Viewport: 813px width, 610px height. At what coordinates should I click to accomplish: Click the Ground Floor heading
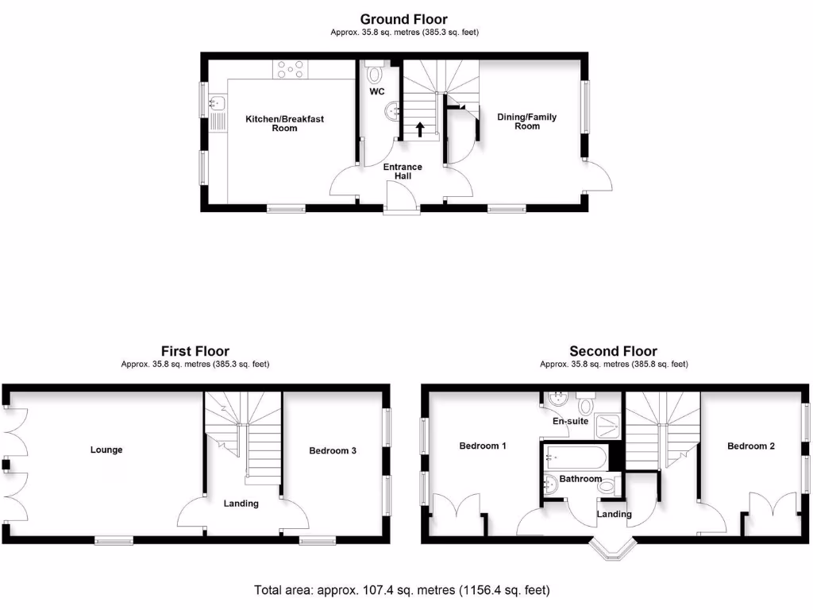click(x=403, y=19)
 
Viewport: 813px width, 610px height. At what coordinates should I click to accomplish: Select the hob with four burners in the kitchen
click(x=291, y=70)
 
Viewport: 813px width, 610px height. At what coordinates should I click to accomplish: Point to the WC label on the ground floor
click(x=377, y=91)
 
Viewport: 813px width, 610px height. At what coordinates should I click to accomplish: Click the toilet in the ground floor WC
click(x=376, y=74)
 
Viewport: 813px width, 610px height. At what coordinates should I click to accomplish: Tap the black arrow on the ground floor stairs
click(x=420, y=129)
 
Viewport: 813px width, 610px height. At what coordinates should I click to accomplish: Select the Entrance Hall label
click(x=403, y=171)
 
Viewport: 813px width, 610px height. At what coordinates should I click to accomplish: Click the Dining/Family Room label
click(x=527, y=122)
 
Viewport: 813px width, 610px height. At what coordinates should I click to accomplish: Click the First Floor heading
click(x=195, y=351)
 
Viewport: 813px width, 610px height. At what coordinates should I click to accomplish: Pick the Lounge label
click(x=106, y=450)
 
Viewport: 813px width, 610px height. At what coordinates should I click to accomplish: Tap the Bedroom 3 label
click(x=333, y=450)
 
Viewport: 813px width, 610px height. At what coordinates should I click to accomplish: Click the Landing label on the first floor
click(x=241, y=503)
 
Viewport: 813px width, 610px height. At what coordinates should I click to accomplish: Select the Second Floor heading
click(x=613, y=351)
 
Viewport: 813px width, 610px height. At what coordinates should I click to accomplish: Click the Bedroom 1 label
click(x=483, y=446)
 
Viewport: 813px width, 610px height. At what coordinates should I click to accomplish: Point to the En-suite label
click(x=570, y=421)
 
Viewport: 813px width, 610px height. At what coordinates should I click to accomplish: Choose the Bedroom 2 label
click(x=751, y=446)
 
